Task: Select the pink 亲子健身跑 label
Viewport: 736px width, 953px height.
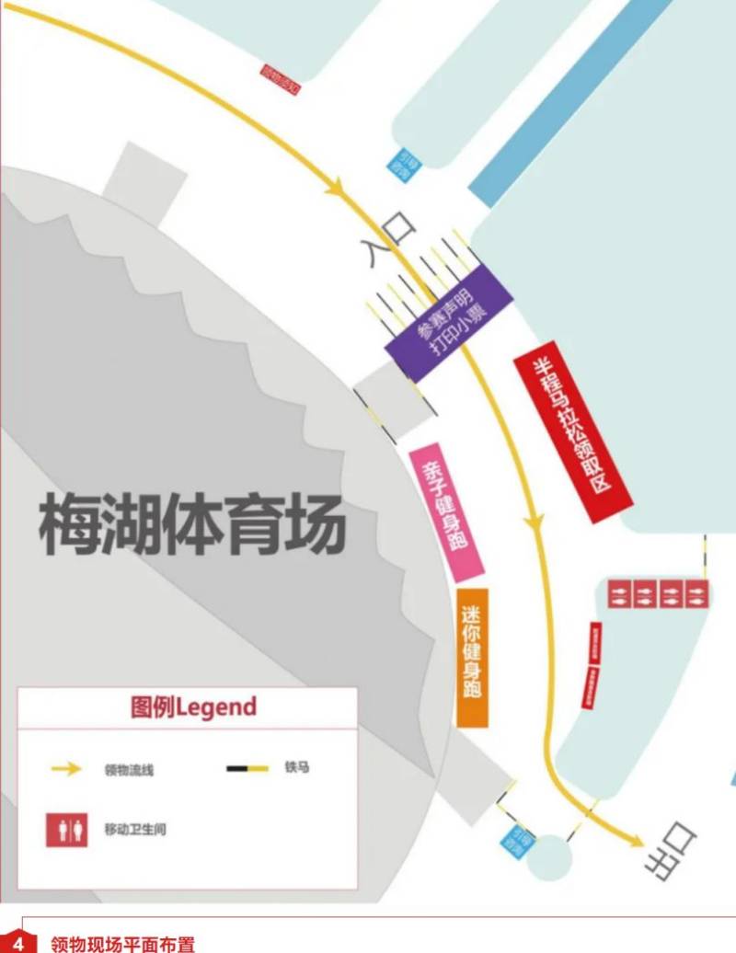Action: pos(446,511)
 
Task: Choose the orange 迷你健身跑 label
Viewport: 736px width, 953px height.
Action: pos(473,657)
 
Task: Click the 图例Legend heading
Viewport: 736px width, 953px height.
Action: pos(194,707)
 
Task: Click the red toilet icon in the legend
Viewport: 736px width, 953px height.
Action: pos(67,829)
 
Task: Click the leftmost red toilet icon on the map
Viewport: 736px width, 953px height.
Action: pos(619,593)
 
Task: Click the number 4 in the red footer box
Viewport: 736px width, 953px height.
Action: pos(17,942)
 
